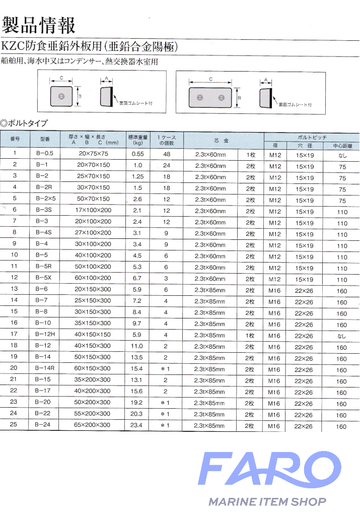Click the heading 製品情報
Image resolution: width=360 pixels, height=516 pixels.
(39, 24)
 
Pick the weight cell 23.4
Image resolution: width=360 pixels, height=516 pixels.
(137, 426)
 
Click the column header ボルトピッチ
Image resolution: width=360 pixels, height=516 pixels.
(312, 137)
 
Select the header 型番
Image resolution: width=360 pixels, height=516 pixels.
(38, 140)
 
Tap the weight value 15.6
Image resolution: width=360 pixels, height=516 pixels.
(137, 392)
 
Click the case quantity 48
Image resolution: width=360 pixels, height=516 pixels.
(166, 154)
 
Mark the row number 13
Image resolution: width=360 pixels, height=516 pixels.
(15, 289)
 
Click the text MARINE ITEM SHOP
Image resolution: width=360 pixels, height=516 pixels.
(267, 502)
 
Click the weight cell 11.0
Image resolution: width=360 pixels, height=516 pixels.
(137, 346)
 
